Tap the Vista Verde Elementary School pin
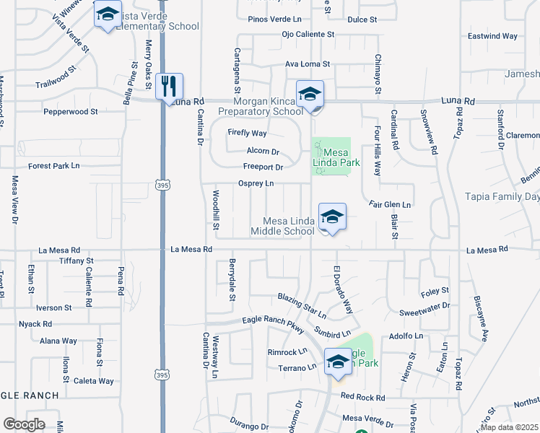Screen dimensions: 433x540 click(108, 16)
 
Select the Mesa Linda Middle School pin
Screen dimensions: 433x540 click(331, 217)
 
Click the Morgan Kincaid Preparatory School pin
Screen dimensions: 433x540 click(310, 95)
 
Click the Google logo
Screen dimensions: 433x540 click(24, 424)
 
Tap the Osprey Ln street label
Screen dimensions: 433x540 click(256, 183)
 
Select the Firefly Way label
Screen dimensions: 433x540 click(247, 133)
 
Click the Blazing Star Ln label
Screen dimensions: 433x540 click(302, 306)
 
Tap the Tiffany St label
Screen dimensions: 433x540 click(77, 261)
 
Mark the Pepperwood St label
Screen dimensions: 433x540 click(70, 112)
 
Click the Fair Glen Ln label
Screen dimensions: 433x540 click(389, 205)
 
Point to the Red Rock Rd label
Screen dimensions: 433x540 click(363, 397)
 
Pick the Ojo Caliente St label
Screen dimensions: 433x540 click(308, 34)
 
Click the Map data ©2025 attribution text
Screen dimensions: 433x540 click(509, 427)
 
